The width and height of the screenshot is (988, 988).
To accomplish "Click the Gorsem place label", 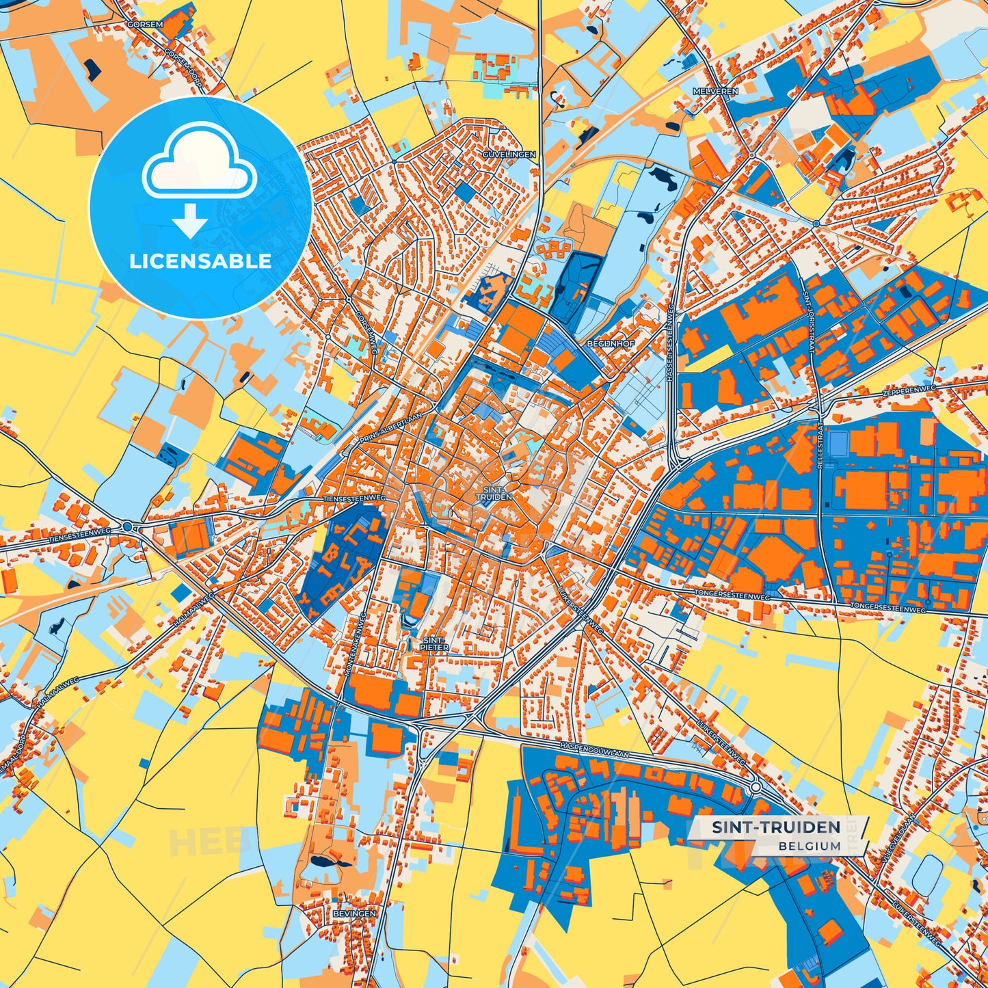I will coord(145,24).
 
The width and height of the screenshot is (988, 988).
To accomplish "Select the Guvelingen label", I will coord(509,155).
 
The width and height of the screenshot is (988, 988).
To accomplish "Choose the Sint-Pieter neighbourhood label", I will coord(434,643).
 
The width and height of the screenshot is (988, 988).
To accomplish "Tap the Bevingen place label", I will coord(354,913).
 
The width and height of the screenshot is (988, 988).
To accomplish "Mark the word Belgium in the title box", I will coord(809,846).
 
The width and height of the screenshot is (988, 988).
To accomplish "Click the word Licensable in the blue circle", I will coord(200,261).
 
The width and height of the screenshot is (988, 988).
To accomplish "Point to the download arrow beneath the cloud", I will coord(190,219).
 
